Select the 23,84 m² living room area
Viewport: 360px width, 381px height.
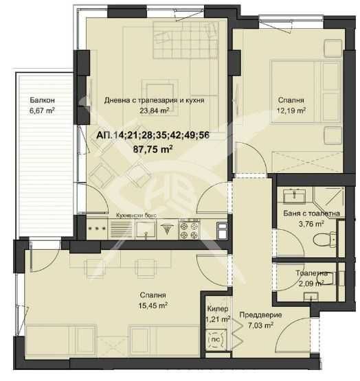[x=154, y=111]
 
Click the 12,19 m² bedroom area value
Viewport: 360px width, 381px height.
[x=291, y=111]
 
